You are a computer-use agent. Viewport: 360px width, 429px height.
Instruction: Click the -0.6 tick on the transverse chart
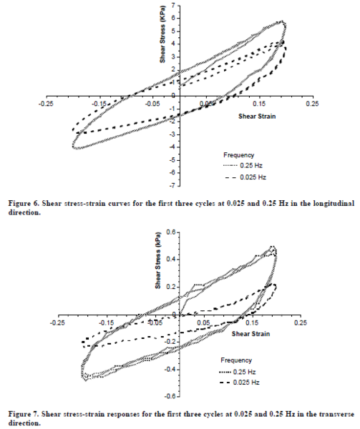[x=170, y=395]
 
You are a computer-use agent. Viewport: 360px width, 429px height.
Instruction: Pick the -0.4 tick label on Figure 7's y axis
[x=170, y=369]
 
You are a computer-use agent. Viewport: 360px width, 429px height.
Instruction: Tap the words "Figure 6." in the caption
[x=21, y=203]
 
